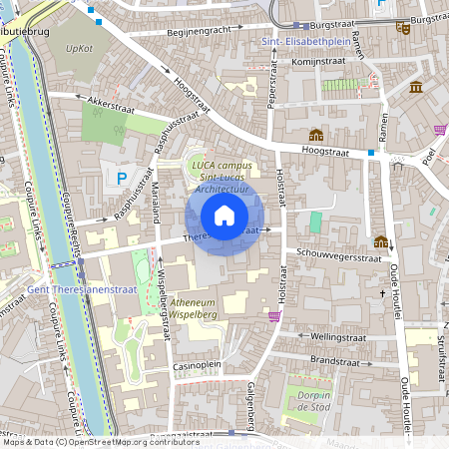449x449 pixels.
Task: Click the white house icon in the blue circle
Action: click(224, 215)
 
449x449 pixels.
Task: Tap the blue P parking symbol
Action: click(122, 180)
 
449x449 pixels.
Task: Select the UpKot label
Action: click(79, 47)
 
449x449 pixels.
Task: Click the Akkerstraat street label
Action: click(110, 101)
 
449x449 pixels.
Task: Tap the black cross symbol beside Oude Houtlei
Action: click(383, 293)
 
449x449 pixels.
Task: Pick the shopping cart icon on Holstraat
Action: click(274, 315)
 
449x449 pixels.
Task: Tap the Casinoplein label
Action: click(198, 365)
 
